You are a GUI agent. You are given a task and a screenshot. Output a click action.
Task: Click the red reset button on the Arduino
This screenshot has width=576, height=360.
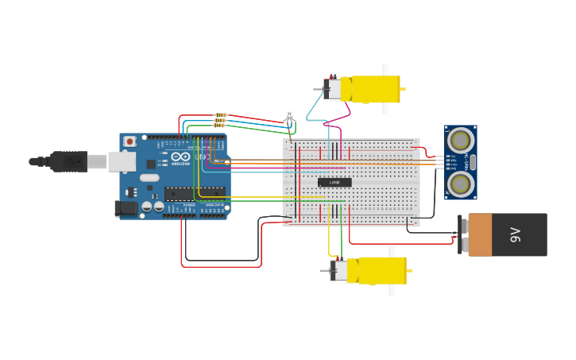tap(130, 141)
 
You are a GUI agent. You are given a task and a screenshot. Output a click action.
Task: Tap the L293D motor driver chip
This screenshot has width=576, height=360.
tap(334, 182)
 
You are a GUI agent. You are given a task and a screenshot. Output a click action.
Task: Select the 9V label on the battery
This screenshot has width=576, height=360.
tap(515, 234)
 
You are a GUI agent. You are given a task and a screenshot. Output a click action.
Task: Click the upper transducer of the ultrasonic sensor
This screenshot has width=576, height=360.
tap(460, 141)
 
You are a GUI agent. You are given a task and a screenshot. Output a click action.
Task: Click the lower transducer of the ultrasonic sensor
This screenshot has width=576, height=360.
tap(460, 184)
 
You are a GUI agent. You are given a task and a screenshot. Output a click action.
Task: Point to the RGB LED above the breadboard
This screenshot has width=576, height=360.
tap(289, 115)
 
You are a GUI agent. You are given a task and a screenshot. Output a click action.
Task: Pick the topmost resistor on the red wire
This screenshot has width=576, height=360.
tap(220, 114)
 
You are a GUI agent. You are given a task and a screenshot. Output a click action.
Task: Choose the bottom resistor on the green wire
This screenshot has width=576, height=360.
tap(220, 126)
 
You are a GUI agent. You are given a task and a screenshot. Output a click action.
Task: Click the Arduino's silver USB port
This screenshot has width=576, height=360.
tap(122, 161)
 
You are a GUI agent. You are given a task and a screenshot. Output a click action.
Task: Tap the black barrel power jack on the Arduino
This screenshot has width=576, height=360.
tap(126, 208)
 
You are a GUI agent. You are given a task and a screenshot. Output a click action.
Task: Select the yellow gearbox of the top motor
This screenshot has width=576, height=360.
tap(375, 88)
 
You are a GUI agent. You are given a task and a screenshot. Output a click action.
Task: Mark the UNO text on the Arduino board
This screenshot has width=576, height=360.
tap(203, 157)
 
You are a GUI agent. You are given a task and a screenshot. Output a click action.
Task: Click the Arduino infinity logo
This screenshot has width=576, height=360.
tap(181, 157)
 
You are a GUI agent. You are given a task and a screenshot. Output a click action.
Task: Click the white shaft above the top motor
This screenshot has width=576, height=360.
tap(385, 69)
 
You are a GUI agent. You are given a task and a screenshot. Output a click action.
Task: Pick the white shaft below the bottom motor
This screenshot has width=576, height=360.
tap(392, 290)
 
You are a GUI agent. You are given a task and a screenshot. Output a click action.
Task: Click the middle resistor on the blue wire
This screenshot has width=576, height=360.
tap(220, 120)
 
